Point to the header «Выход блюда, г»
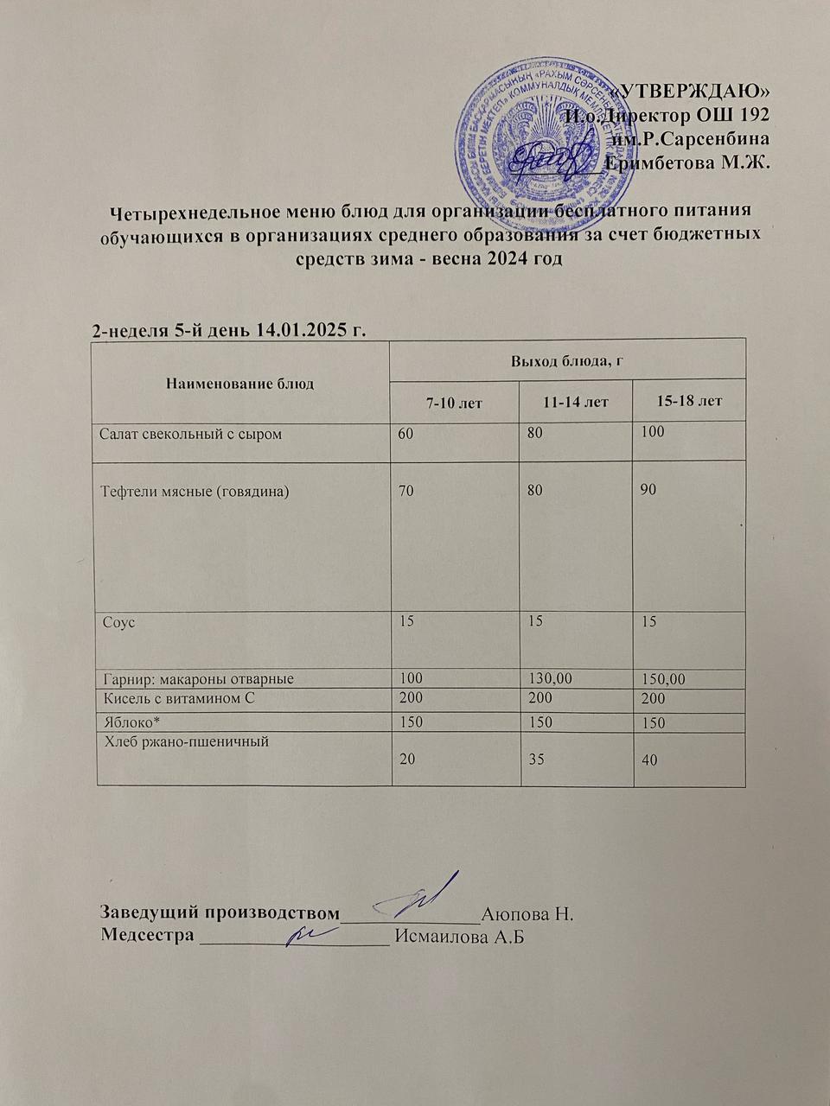coord(567,359)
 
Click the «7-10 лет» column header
coord(454,402)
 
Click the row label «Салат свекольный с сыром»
coord(191,433)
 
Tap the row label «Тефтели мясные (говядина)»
coord(195,491)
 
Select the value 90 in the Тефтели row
coord(648,490)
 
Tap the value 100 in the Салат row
coord(653,431)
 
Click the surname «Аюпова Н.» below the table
coord(527,912)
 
